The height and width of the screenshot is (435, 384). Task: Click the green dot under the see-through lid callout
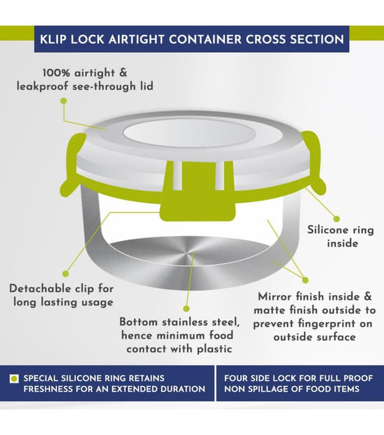pos(64,101)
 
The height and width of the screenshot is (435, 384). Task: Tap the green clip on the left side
pos(73,166)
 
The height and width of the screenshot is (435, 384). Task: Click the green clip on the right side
pos(313,163)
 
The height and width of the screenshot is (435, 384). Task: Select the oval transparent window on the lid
pos(189,134)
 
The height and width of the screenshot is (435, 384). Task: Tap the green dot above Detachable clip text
pos(65,274)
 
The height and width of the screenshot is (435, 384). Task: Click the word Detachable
pos(38,288)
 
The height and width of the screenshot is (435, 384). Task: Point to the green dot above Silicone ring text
pos(336,219)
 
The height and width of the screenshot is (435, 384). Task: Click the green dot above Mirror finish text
pos(305,280)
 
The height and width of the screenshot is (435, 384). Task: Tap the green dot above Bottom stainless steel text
pos(187,308)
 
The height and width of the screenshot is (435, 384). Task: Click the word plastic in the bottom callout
pos(214,349)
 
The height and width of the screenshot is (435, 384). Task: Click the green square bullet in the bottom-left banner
pos(14,378)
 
